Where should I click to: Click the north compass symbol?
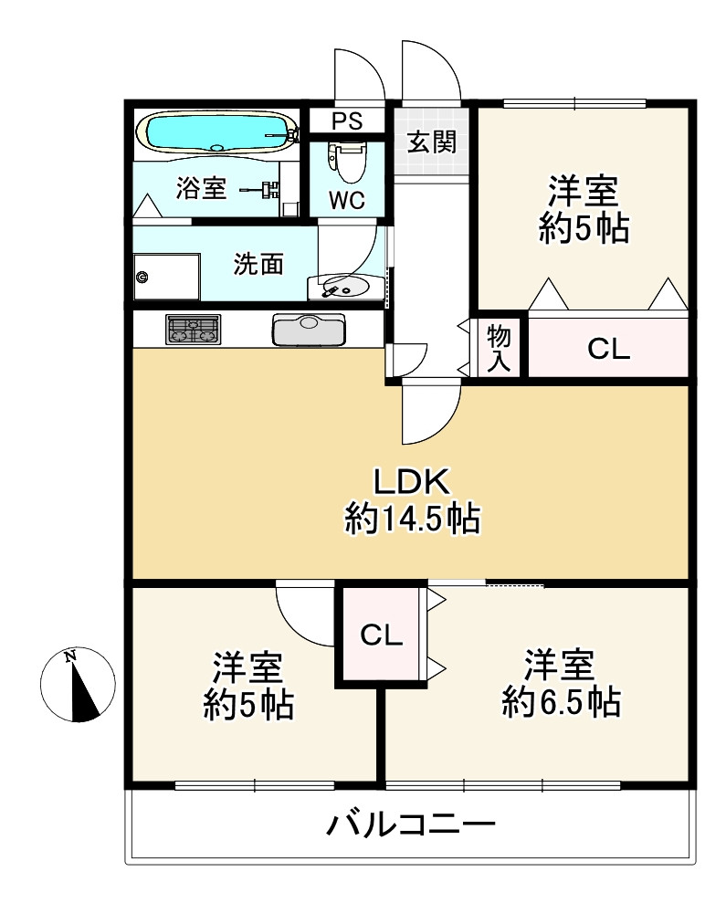pyautogui.click(x=79, y=685)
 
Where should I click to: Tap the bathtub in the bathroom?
pyautogui.click(x=216, y=133)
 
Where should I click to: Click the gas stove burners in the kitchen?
pyautogui.click(x=193, y=330)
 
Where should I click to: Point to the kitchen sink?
pyautogui.click(x=309, y=329)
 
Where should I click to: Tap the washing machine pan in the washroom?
pyautogui.click(x=167, y=277)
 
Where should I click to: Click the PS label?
pyautogui.click(x=346, y=121)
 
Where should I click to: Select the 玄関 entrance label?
pyautogui.click(x=431, y=142)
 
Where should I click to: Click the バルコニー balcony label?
pyautogui.click(x=411, y=826)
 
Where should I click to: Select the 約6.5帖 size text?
pyautogui.click(x=561, y=702)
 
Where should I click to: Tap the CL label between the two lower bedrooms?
pyautogui.click(x=382, y=635)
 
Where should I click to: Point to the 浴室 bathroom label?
pyautogui.click(x=201, y=188)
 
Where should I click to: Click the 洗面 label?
pyautogui.click(x=258, y=264)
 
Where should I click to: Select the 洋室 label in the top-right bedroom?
pyautogui.click(x=584, y=191)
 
